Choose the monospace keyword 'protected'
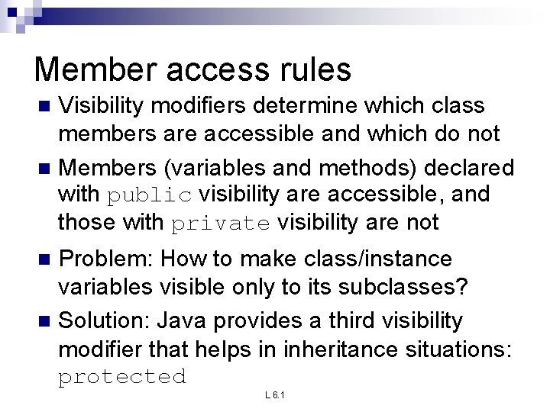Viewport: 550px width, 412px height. [x=122, y=376]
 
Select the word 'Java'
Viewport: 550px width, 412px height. [x=186, y=321]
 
